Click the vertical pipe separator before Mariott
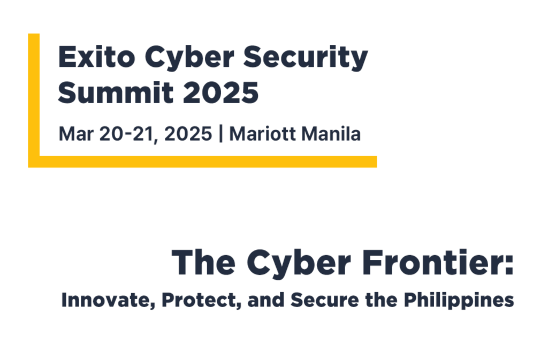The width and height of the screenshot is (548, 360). click(x=221, y=134)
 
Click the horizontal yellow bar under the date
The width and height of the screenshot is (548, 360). click(x=203, y=162)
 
